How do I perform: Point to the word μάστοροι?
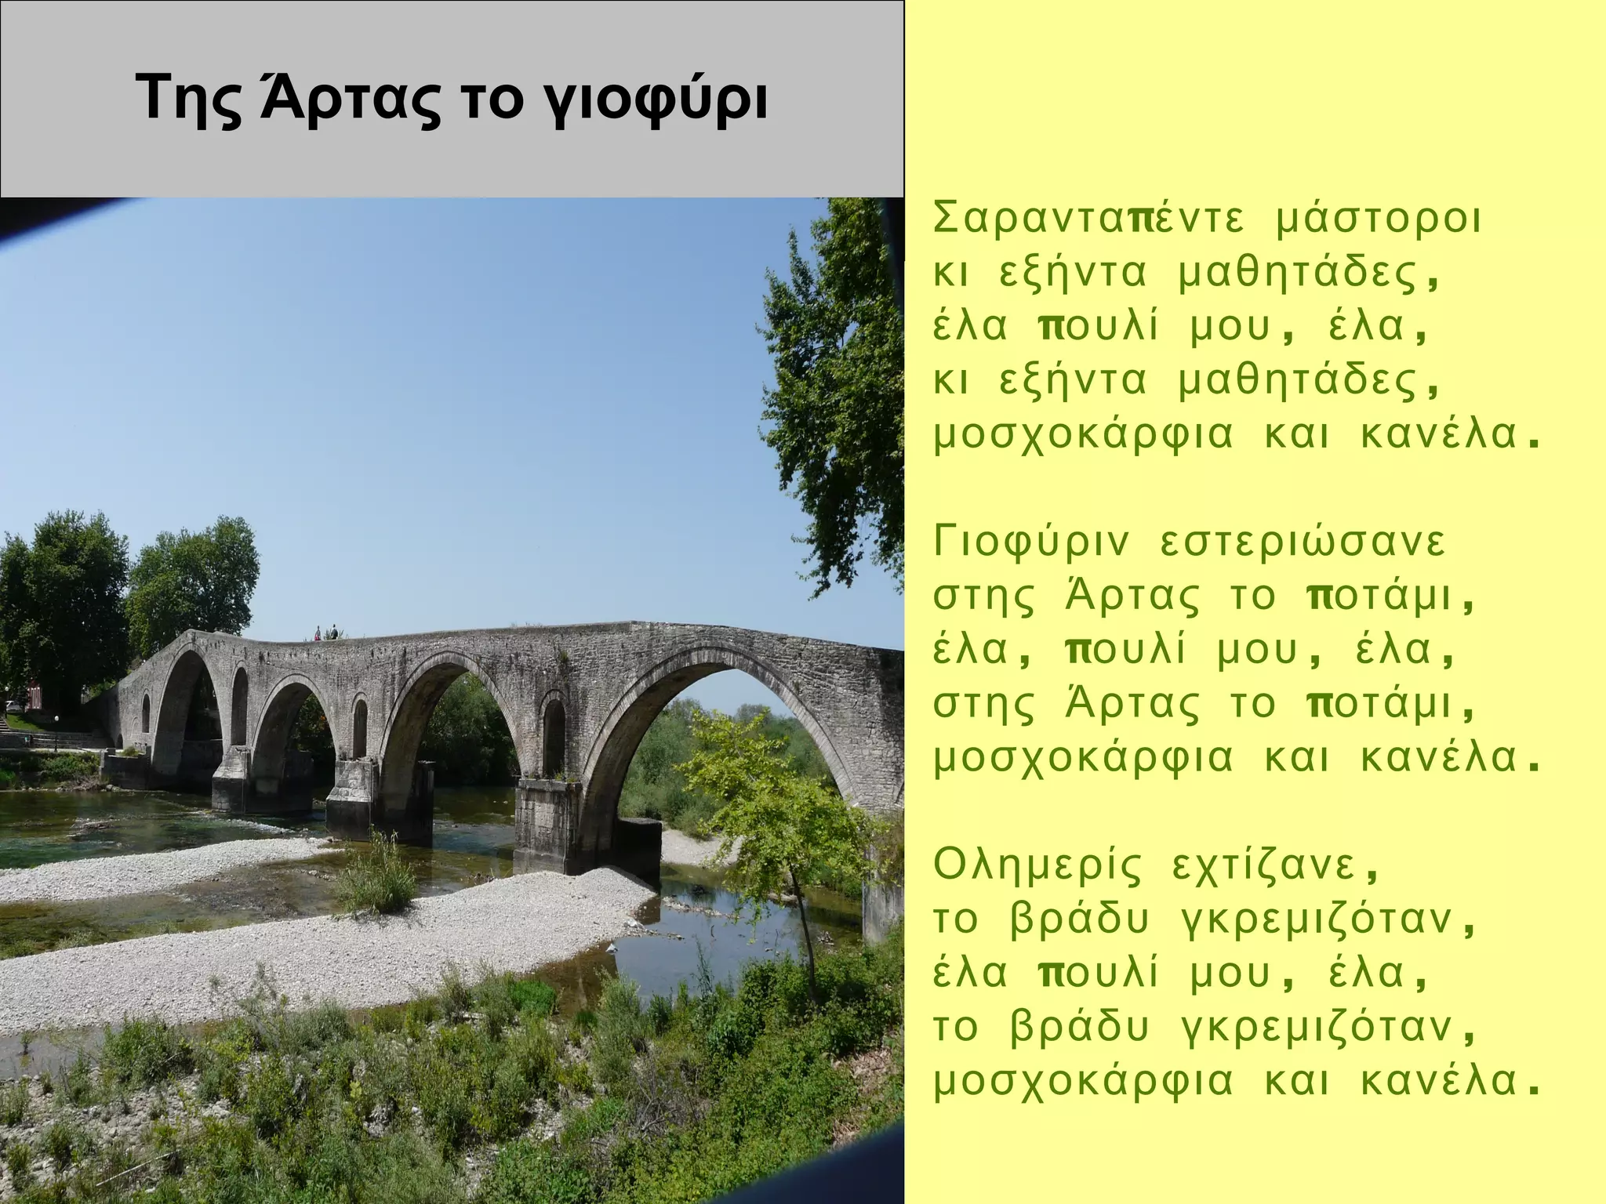click(1380, 220)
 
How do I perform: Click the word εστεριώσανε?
click(1302, 543)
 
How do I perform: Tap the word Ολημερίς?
click(1037, 866)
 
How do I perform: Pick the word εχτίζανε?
click(1276, 868)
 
